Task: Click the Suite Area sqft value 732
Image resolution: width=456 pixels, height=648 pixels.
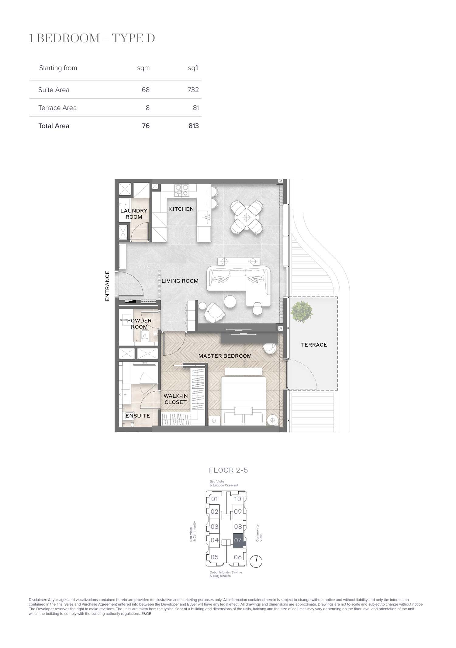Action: pos(193,90)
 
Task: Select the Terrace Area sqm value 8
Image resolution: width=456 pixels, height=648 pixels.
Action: pos(148,108)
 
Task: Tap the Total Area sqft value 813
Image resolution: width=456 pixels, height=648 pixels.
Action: pos(193,126)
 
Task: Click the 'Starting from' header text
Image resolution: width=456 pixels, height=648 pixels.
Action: pos(58,68)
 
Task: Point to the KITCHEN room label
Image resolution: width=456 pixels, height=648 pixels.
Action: pos(181,209)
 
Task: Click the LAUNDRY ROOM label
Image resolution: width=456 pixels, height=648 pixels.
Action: pos(134,214)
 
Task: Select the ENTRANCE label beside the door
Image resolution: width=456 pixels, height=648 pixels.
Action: pos(107,286)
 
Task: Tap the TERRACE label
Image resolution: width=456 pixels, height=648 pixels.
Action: pos(314,345)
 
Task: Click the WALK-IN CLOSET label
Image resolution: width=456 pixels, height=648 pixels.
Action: pos(176,399)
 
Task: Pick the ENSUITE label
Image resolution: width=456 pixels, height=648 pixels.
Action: pos(138,416)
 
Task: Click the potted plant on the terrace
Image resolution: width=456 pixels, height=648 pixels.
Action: pos(302,312)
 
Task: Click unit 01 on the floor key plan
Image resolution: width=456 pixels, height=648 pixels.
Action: pos(215,499)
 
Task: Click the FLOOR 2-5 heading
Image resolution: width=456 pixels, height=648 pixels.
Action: pos(228,470)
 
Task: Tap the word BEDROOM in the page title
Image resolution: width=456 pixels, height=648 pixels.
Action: pos(68,39)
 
